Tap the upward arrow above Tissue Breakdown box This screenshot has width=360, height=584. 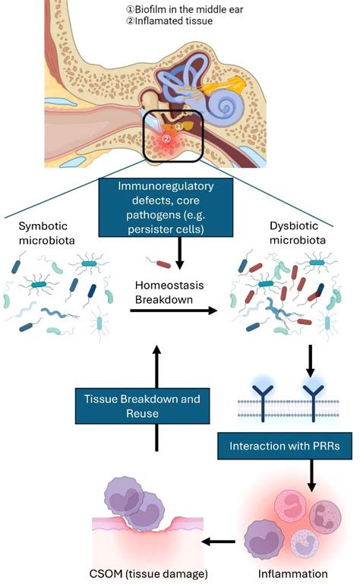(x=156, y=365)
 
